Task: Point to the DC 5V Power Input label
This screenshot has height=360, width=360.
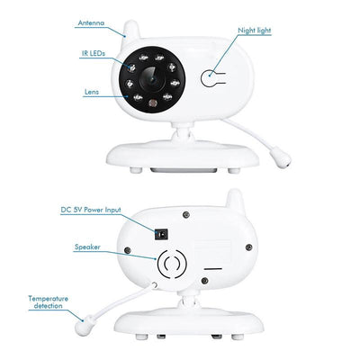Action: pos(89,209)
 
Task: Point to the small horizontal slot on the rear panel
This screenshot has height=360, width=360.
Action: pos(212,266)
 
